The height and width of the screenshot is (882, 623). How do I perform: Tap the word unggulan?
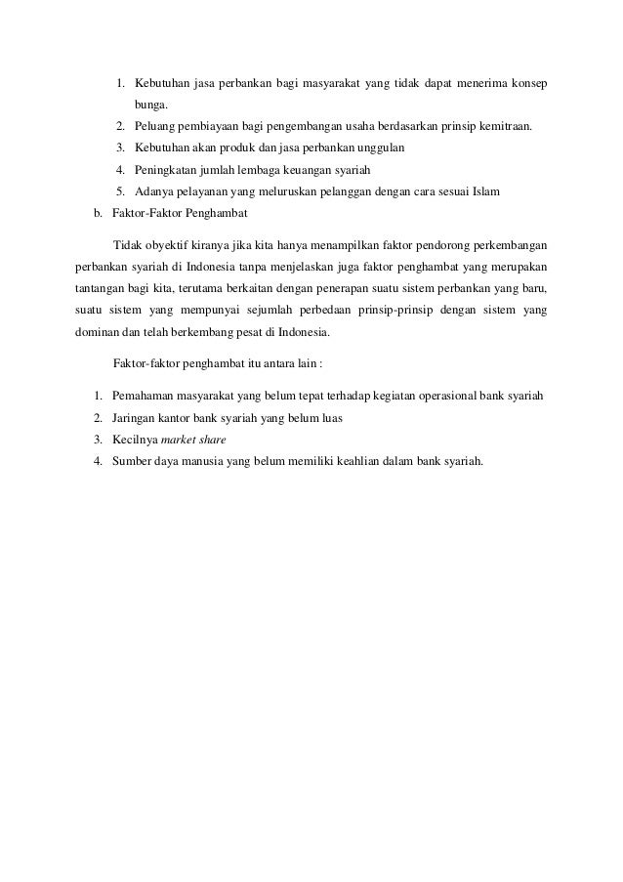tap(386, 147)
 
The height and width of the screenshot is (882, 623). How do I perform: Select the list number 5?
tap(118, 191)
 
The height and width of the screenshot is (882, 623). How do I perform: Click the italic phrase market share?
tap(193, 440)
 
